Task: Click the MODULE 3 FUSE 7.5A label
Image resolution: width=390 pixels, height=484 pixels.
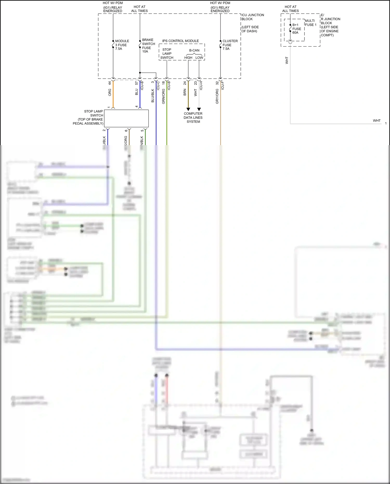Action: click(x=122, y=45)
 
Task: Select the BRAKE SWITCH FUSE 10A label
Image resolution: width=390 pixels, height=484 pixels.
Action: click(x=148, y=46)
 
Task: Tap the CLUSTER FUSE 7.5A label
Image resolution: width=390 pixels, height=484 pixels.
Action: click(x=230, y=45)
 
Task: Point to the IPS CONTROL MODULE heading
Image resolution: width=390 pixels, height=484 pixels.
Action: click(x=180, y=41)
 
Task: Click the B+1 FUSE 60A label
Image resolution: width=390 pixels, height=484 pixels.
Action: click(x=296, y=29)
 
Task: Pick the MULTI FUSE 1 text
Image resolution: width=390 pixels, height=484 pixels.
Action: click(x=310, y=23)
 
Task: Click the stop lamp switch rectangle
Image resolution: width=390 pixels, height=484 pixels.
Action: click(x=126, y=118)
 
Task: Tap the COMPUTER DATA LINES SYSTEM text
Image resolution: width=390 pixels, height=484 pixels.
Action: click(x=193, y=118)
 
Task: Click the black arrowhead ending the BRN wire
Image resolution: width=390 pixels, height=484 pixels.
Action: click(x=188, y=109)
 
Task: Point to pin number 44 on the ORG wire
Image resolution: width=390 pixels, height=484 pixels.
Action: click(x=110, y=83)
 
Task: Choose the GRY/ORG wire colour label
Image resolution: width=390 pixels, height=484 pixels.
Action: click(x=217, y=96)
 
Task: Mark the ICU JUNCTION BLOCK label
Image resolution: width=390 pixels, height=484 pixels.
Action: click(x=252, y=17)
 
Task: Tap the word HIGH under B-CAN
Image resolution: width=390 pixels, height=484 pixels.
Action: click(x=188, y=58)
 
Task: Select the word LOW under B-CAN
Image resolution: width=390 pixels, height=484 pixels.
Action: click(x=199, y=58)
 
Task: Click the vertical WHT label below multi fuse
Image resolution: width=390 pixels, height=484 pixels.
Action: click(x=287, y=60)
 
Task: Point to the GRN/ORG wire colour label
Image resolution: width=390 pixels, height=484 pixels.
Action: click(x=163, y=96)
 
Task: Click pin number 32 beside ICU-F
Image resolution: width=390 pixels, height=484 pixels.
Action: click(x=217, y=83)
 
